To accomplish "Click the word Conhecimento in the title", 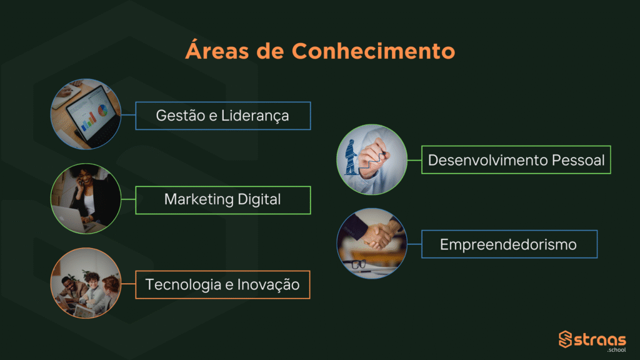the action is coord(373,51).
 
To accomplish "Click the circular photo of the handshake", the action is coord(372,244).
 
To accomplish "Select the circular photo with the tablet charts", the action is coord(86,114).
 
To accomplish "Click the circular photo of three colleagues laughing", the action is coord(86,283).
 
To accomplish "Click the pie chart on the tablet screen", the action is coord(102,110).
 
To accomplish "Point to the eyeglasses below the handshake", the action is coord(358,264).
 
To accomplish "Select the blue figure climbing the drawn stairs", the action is coord(351,157).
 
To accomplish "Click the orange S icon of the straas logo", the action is coord(565,339).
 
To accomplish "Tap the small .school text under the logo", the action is coord(616,350).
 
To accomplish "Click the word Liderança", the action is coord(255,116).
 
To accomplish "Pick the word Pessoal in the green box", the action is coord(578,160).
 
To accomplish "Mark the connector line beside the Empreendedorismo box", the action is coord(414,244).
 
